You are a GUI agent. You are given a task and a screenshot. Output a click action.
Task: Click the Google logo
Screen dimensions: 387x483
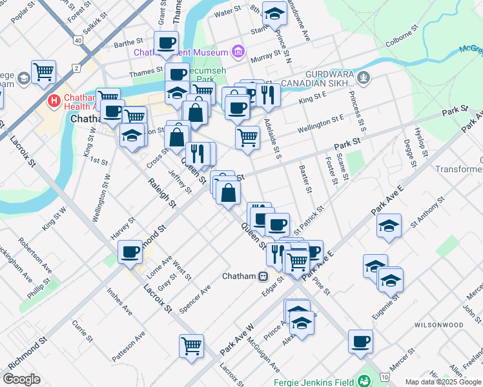[22, 379]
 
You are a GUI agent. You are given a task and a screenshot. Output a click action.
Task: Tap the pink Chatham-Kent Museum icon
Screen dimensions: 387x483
[238, 51]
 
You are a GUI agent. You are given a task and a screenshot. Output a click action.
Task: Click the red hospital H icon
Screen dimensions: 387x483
[54, 101]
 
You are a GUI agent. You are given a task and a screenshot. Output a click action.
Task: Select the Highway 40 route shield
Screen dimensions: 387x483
[78, 40]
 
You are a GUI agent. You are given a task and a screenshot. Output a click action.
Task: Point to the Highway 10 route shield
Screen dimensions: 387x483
[385, 376]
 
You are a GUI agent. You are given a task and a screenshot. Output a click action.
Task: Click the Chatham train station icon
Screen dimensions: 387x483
[263, 277]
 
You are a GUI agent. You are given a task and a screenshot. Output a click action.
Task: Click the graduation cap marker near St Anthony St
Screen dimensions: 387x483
[389, 226]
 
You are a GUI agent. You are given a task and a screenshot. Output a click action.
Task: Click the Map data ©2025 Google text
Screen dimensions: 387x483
[443, 382]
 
